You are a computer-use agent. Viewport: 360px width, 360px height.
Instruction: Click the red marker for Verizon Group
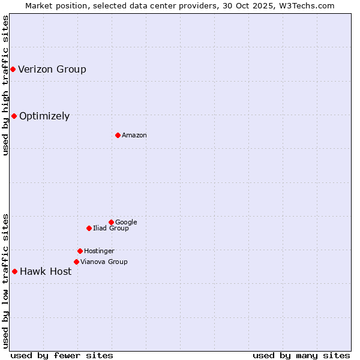coord(13,70)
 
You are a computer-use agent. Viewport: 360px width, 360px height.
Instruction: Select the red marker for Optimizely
coord(14,116)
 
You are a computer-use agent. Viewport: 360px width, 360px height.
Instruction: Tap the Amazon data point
coord(118,135)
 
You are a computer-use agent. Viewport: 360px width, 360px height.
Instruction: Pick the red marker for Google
coord(111,222)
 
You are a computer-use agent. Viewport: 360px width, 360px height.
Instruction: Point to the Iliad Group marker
coord(89,228)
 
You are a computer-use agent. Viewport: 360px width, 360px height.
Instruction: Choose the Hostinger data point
coord(80,251)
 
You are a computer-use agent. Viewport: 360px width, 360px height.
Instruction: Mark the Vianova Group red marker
coord(76,262)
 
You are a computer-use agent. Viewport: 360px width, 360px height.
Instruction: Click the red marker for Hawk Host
coord(14,271)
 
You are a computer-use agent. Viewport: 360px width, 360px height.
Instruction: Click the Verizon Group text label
coord(52,70)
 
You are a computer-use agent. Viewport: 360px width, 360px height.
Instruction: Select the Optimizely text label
coord(44,116)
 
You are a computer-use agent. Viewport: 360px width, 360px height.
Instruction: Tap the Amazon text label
coord(134,136)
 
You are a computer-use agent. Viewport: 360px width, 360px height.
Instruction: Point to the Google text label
coord(126,223)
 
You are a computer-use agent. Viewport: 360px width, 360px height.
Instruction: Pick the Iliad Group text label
coord(111,229)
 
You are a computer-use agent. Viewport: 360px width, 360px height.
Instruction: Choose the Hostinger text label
coord(99,251)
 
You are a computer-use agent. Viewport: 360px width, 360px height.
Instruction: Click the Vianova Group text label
coord(104,262)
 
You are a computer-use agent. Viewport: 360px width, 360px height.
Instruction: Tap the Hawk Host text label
coord(46,272)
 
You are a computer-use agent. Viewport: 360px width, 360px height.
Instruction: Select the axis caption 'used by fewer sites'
coord(62,355)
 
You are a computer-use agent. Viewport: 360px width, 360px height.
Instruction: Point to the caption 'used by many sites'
coord(301,355)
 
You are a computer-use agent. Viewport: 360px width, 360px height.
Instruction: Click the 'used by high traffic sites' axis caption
coord(5,85)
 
